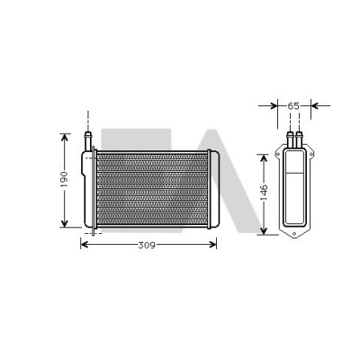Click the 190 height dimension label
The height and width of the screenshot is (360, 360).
pyautogui.click(x=65, y=179)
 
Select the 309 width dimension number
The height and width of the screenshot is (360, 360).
pyautogui.click(x=147, y=246)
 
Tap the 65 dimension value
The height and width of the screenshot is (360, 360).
pyautogui.click(x=293, y=106)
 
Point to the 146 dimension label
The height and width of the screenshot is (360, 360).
pyautogui.click(x=264, y=193)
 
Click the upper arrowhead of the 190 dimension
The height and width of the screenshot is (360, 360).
pyautogui.click(x=65, y=138)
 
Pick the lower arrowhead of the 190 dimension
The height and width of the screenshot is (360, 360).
pyautogui.click(x=65, y=222)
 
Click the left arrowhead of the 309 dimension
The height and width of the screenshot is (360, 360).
pyautogui.click(x=85, y=245)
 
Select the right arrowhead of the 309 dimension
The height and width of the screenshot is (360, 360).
pyautogui.click(x=212, y=245)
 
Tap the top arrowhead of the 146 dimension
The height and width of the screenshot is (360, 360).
pyautogui.click(x=264, y=159)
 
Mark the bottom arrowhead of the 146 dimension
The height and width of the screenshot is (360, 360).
pyautogui.click(x=264, y=230)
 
